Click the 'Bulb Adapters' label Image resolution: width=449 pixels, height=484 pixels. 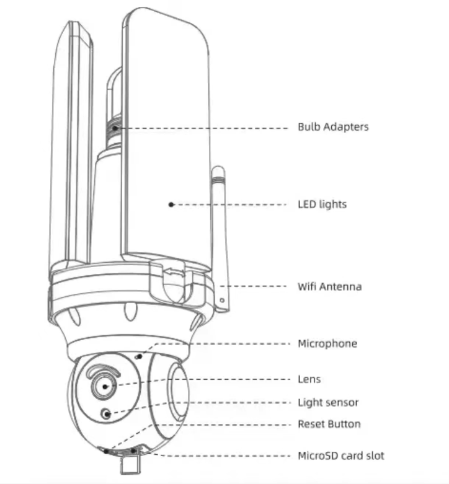(x=333, y=127)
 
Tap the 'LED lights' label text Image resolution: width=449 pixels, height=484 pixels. (x=322, y=204)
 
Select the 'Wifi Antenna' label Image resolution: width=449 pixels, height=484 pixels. (x=329, y=287)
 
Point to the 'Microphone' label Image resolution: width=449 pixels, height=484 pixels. (x=327, y=343)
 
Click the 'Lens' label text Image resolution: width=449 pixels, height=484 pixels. (x=309, y=379)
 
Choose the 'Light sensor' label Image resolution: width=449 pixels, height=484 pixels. (x=328, y=403)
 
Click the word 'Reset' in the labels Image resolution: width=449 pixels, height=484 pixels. (x=311, y=425)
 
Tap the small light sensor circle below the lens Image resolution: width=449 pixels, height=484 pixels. (x=108, y=413)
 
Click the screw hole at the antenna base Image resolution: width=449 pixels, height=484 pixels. (x=222, y=300)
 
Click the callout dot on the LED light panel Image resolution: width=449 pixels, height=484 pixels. (x=171, y=204)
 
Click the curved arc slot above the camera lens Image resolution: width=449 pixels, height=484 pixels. (x=101, y=371)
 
